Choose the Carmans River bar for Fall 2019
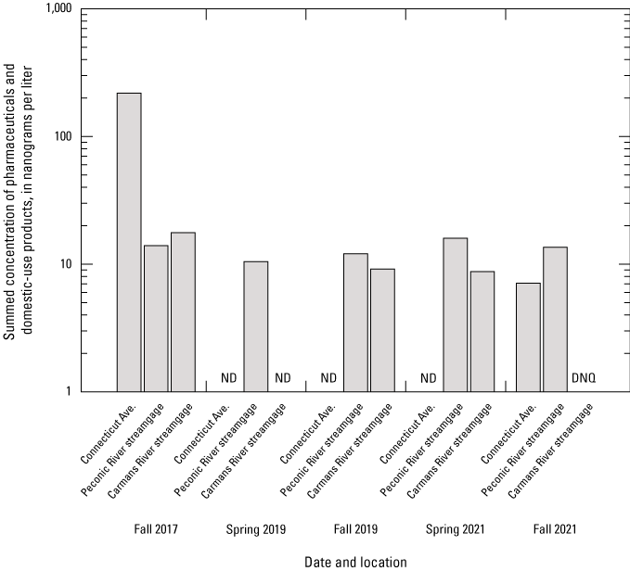(x=382, y=330)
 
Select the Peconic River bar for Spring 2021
(x=456, y=314)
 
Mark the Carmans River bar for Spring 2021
(x=482, y=331)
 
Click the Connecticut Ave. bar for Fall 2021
(x=528, y=336)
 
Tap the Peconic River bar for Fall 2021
(x=555, y=319)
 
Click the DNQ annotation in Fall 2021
(x=584, y=377)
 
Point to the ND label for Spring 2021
(x=429, y=377)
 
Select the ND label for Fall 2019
(x=328, y=377)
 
